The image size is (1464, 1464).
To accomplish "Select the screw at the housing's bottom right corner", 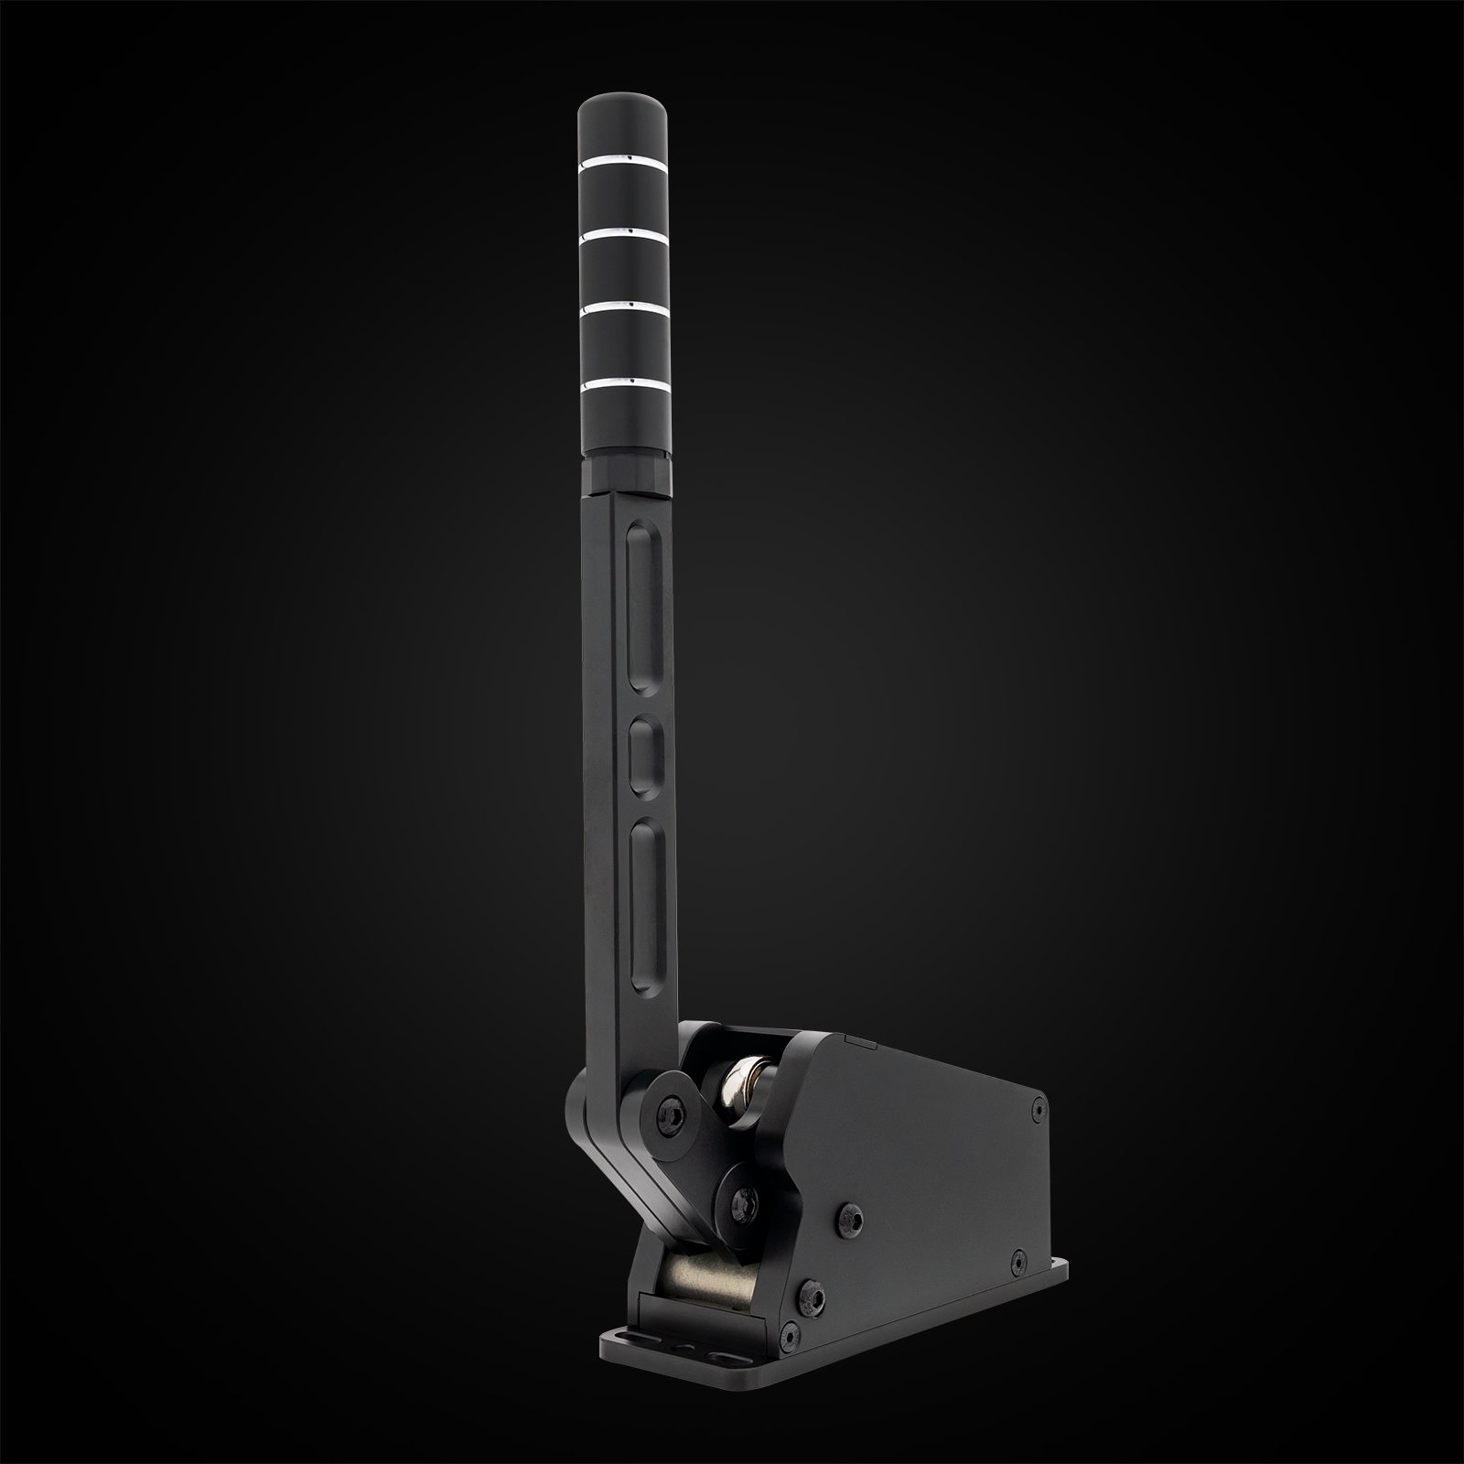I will point(1017,1261).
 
